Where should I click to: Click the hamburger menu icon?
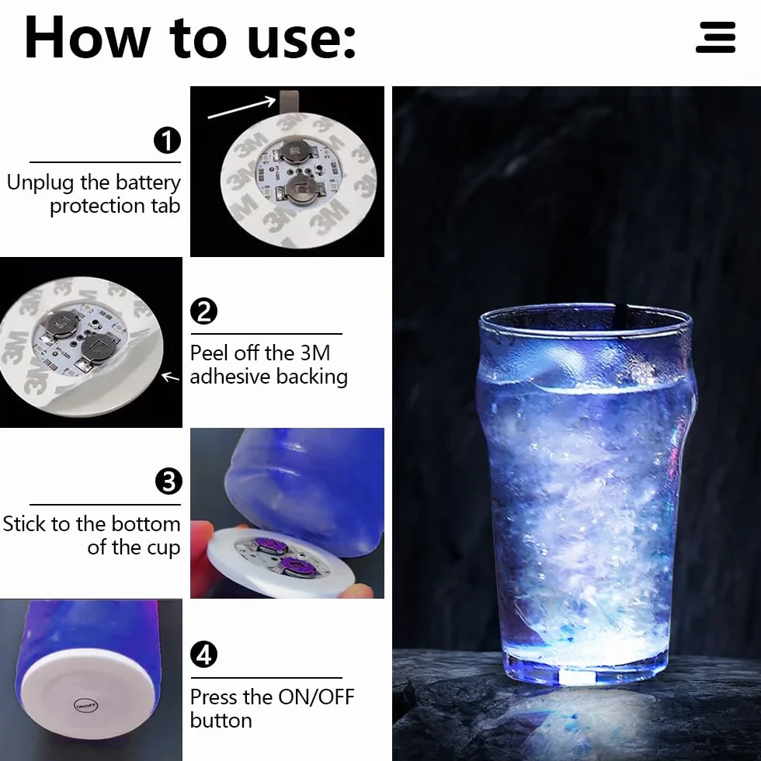[x=715, y=37]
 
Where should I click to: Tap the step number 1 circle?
[x=167, y=141]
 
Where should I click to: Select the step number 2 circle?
[x=203, y=311]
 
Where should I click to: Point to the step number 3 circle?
[x=169, y=481]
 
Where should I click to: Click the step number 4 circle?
[x=203, y=654]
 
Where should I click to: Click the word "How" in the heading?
[x=87, y=38]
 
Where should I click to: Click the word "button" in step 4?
[x=221, y=721]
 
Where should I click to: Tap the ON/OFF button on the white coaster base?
[x=85, y=705]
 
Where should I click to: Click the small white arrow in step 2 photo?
[x=170, y=377]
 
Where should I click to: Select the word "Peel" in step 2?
[x=210, y=353]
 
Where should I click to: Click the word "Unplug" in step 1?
[x=40, y=183]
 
